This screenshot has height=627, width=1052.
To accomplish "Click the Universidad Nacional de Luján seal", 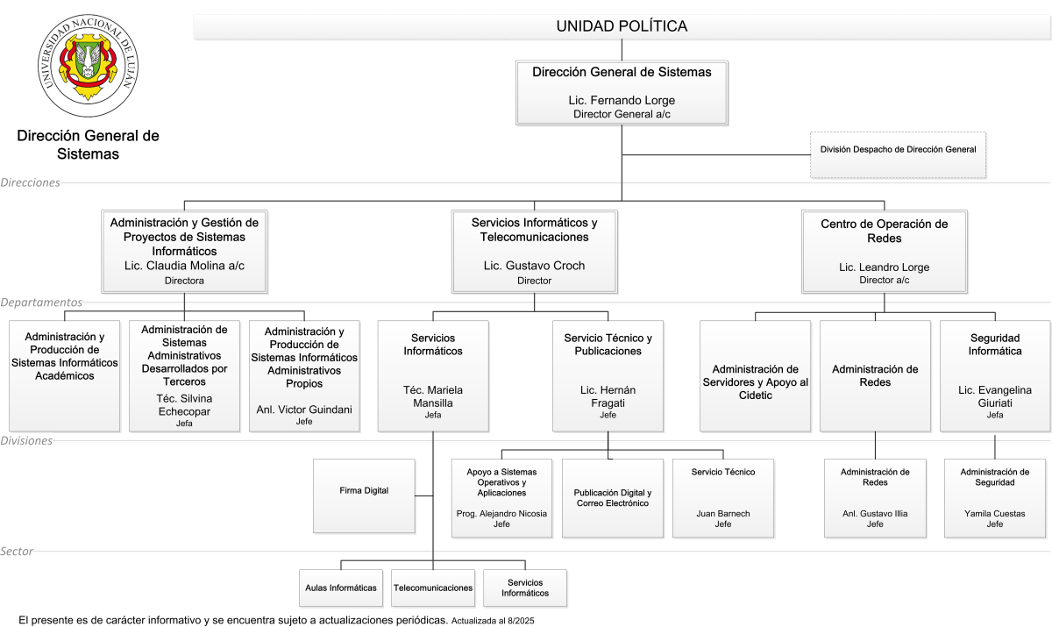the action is tap(88, 65).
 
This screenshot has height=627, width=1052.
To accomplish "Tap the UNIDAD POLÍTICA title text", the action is tap(622, 26).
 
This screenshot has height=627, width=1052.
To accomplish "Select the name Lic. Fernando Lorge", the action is tap(622, 100).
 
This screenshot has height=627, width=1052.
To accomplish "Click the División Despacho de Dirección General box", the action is tap(898, 155).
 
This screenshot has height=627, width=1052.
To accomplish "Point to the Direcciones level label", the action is tap(30, 182).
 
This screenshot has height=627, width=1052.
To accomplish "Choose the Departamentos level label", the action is tap(41, 302).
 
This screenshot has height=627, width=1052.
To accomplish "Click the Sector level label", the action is tap(17, 551).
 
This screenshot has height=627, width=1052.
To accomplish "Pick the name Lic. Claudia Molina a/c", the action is tap(184, 266).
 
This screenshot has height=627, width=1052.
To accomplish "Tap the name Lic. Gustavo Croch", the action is tap(535, 266).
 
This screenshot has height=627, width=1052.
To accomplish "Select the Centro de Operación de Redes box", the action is tap(885, 252).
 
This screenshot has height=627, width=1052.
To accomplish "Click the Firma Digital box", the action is tap(364, 496).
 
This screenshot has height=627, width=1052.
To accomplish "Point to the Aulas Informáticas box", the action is tap(341, 588).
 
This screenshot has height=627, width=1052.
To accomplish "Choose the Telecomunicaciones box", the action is tap(433, 588).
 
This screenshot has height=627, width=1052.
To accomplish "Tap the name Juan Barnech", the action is tap(723, 514).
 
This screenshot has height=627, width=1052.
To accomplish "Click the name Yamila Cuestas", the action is tap(995, 514).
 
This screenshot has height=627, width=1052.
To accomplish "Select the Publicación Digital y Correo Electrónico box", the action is tap(613, 498).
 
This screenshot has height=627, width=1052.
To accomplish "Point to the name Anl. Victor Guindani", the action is tap(304, 410).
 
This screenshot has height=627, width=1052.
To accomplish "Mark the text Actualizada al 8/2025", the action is tap(493, 621).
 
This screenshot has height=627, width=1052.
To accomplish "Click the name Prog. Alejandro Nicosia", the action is tap(501, 514).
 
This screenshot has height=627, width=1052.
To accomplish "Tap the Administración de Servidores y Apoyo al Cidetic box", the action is tap(755, 376).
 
